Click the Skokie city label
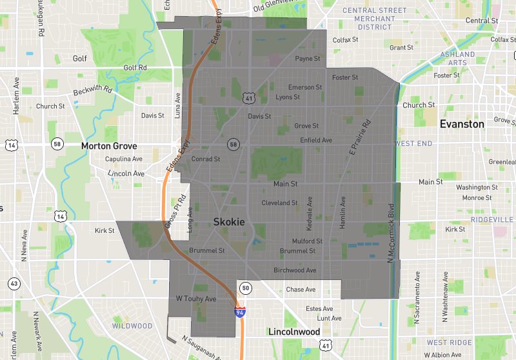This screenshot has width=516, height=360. [x=229, y=222]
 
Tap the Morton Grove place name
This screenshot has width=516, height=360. [x=110, y=146]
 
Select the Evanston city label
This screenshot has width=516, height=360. [x=461, y=124]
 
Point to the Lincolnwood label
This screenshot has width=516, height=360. [x=294, y=332]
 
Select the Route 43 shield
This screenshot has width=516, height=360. [x=13, y=283]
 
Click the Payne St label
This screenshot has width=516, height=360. [x=308, y=59]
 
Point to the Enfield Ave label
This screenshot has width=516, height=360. [x=316, y=140]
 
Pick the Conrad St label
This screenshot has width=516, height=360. [x=206, y=159]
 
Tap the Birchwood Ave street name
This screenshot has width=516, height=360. [x=295, y=270]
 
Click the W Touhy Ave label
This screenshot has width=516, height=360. [x=196, y=299]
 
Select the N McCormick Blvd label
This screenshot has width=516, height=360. [x=391, y=234]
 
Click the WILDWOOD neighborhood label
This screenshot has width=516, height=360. [x=132, y=326]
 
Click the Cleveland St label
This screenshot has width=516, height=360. [x=279, y=203]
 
